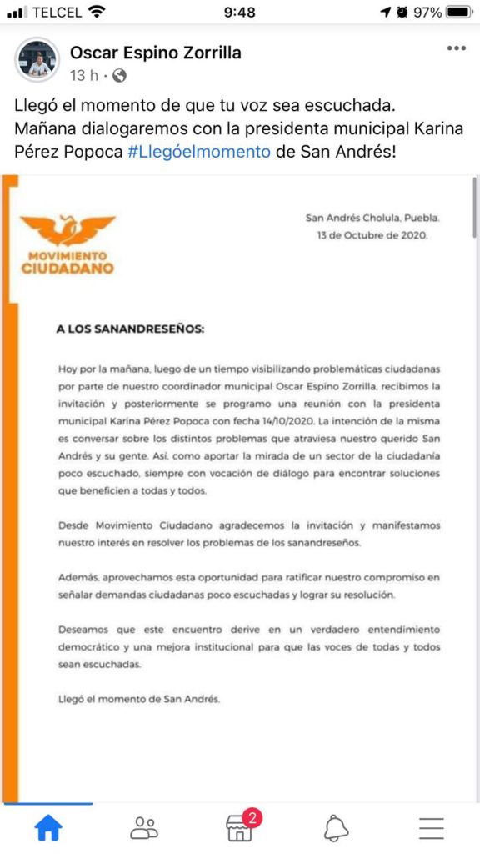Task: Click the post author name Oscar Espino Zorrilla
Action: pyautogui.click(x=155, y=53)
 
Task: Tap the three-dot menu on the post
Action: pyautogui.click(x=456, y=48)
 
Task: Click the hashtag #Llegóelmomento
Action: pyautogui.click(x=199, y=153)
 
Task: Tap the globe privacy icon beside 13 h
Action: pyautogui.click(x=119, y=76)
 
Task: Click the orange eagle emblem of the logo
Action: pyautogui.click(x=67, y=229)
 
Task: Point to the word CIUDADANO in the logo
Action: pyautogui.click(x=67, y=269)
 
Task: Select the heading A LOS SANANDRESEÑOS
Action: pyautogui.click(x=130, y=329)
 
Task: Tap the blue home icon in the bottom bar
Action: pyautogui.click(x=47, y=827)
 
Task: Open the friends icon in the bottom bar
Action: pyautogui.click(x=144, y=827)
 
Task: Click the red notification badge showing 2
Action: pyautogui.click(x=252, y=817)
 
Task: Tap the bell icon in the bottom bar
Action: pyautogui.click(x=336, y=827)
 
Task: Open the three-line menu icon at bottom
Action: pyautogui.click(x=432, y=827)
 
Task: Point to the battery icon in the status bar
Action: pyautogui.click(x=459, y=13)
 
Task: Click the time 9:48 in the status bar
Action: pyautogui.click(x=241, y=13)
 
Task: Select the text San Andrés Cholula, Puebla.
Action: pyautogui.click(x=372, y=219)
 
